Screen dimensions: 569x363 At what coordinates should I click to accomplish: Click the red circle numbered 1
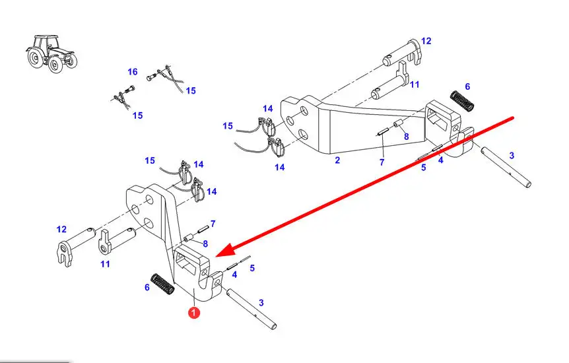pos(194,312)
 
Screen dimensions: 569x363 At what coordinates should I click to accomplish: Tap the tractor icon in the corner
pos(52,53)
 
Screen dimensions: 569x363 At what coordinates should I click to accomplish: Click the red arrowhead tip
pos(217,257)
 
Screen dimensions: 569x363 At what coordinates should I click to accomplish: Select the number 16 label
pos(133,72)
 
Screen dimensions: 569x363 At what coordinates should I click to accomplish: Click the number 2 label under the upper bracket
pos(337,160)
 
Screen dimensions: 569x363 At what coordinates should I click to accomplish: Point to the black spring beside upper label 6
pos(462,101)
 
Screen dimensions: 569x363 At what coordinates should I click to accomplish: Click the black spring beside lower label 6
pos(162,284)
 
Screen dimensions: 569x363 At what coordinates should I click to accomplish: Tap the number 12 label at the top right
pos(426,41)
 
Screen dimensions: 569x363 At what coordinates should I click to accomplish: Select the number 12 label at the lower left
pos(61,230)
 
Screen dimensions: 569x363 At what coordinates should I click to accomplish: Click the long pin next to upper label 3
pos(506,167)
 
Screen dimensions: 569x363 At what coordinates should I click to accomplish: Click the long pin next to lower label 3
pos(251,309)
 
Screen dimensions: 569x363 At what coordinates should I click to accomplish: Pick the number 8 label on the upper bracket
pos(407,137)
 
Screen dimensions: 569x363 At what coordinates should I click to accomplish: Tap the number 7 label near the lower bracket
pos(213,224)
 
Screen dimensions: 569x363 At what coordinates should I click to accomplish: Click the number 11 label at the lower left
pos(105,264)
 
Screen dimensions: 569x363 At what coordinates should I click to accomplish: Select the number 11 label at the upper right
pos(415,84)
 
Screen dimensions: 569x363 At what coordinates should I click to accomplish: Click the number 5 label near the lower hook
pos(252,268)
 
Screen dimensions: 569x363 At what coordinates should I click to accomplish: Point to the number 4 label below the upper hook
pos(440,160)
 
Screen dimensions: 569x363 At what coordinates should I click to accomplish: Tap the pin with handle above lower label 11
pos(117,242)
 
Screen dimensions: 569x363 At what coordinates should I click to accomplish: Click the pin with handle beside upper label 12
pos(403,53)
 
